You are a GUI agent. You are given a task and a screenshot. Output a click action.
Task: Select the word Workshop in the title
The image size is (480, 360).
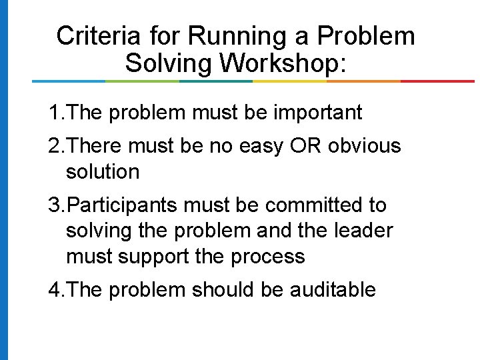pos(282,64)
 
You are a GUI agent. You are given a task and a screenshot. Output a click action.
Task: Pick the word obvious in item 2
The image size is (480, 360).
pos(365,145)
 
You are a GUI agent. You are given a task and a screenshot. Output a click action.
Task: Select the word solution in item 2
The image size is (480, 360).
pos(103,171)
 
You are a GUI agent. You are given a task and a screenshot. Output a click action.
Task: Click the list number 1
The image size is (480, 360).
pos(54,113)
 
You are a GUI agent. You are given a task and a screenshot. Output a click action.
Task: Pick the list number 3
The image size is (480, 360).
pos(54,205)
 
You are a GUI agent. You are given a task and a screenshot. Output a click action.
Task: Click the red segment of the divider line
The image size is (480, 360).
pos(437,81)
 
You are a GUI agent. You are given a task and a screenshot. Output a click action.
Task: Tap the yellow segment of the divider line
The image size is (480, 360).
pos(289,81)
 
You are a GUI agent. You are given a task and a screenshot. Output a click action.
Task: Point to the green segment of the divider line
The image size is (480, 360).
pos(142,81)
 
